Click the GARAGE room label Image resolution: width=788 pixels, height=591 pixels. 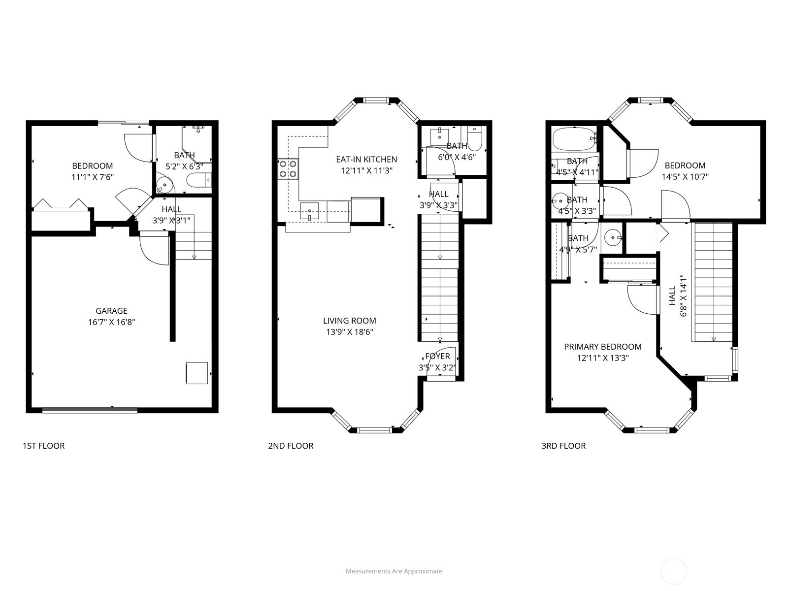coord(111,311)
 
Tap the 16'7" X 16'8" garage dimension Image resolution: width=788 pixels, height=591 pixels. coord(111,322)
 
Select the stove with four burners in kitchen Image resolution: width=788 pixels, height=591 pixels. coord(288,168)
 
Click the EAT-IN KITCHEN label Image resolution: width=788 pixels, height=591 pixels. coord(366,159)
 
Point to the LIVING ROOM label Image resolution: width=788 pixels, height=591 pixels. coord(350,321)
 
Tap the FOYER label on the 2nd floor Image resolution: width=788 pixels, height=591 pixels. coord(437,356)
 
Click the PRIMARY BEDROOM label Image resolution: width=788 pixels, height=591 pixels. coord(603,347)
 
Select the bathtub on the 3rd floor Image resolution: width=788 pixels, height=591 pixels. coord(574,139)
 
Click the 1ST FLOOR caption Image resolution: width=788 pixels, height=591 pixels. coord(43,446)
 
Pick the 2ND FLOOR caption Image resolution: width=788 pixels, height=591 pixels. coord(291,446)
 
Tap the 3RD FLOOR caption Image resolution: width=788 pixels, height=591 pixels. coord(563,446)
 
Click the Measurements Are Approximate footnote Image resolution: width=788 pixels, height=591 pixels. coord(394,571)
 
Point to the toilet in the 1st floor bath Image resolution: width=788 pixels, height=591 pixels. coord(198,181)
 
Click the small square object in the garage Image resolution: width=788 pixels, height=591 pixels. coord(197,373)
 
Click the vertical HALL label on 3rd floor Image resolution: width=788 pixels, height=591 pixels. coord(673,295)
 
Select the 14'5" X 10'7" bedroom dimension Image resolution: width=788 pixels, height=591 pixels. coord(685,177)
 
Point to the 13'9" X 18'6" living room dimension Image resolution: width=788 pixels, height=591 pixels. coord(350,332)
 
